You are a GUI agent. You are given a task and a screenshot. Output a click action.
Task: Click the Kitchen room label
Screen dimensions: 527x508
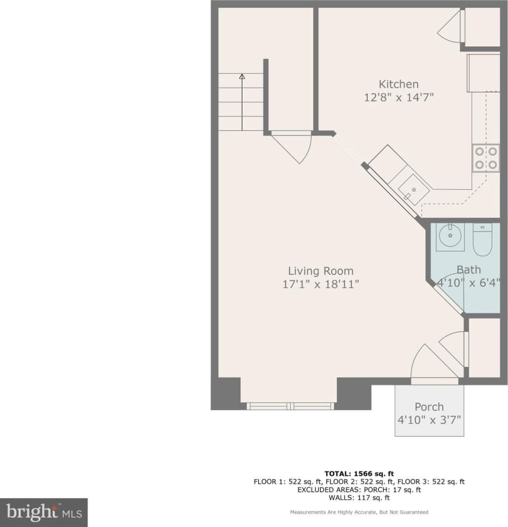pyautogui.click(x=398, y=84)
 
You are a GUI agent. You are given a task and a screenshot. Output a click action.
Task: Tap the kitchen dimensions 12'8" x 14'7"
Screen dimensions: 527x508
pyautogui.click(x=398, y=97)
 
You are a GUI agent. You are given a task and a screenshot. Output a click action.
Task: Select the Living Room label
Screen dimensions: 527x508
pyautogui.click(x=321, y=271)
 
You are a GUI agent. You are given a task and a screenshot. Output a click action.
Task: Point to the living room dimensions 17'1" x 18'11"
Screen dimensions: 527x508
pyautogui.click(x=321, y=284)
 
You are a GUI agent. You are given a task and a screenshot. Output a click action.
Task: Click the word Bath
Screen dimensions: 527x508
pyautogui.click(x=468, y=270)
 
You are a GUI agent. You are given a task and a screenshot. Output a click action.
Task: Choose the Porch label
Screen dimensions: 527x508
pyautogui.click(x=429, y=407)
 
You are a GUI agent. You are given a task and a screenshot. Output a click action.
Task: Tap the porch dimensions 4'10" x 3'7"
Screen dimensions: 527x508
pyautogui.click(x=429, y=420)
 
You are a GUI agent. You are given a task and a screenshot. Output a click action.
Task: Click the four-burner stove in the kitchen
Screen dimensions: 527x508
pyautogui.click(x=486, y=158)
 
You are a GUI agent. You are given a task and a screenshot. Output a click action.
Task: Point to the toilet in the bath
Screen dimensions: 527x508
pyautogui.click(x=482, y=238)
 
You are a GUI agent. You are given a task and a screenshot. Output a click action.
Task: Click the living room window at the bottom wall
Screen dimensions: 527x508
pyautogui.click(x=290, y=406)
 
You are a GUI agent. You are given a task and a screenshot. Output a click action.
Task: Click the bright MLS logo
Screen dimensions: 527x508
pyautogui.click(x=44, y=512)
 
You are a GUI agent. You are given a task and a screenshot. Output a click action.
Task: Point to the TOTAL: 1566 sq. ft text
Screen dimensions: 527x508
pyautogui.click(x=359, y=473)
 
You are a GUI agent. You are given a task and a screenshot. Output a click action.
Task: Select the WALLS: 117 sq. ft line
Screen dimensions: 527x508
pyautogui.click(x=359, y=497)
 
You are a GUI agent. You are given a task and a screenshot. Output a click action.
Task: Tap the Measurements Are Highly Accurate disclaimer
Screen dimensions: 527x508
pyautogui.click(x=359, y=512)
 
